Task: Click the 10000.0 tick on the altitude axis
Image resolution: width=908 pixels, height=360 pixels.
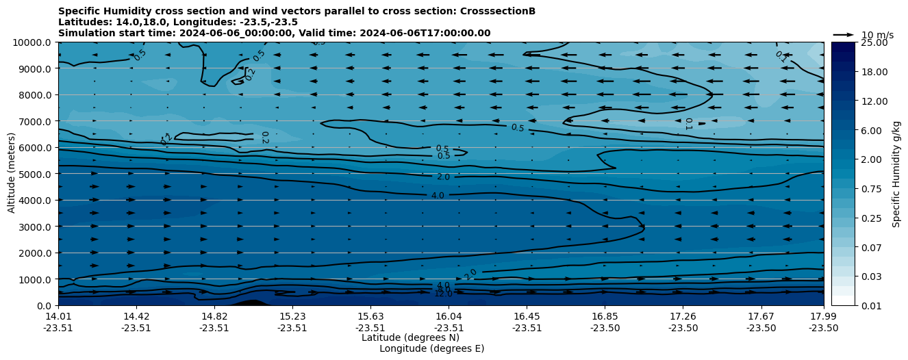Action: pyautogui.click(x=34, y=42)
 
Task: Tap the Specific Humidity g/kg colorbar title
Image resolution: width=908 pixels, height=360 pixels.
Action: pyautogui.click(x=896, y=174)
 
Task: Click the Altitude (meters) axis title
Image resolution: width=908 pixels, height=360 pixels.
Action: pyautogui.click(x=12, y=174)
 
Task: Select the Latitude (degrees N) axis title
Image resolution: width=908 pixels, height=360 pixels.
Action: pyautogui.click(x=410, y=337)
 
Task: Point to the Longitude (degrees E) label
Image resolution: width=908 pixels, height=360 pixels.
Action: pyautogui.click(x=431, y=348)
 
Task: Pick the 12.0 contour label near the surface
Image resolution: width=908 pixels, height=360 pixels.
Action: pyautogui.click(x=443, y=294)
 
